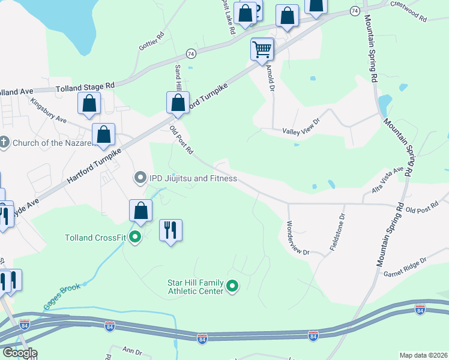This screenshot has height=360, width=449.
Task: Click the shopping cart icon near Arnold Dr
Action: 262,49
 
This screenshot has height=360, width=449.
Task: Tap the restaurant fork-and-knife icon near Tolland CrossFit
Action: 170,230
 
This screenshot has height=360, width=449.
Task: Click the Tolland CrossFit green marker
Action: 135,237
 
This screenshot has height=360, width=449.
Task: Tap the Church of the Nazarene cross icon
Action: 5,142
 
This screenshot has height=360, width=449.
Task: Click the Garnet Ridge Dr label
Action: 405,265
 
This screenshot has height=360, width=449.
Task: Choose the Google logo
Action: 19,353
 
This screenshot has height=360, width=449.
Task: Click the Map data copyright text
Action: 423,355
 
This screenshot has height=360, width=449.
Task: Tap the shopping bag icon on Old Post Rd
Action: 178,103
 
